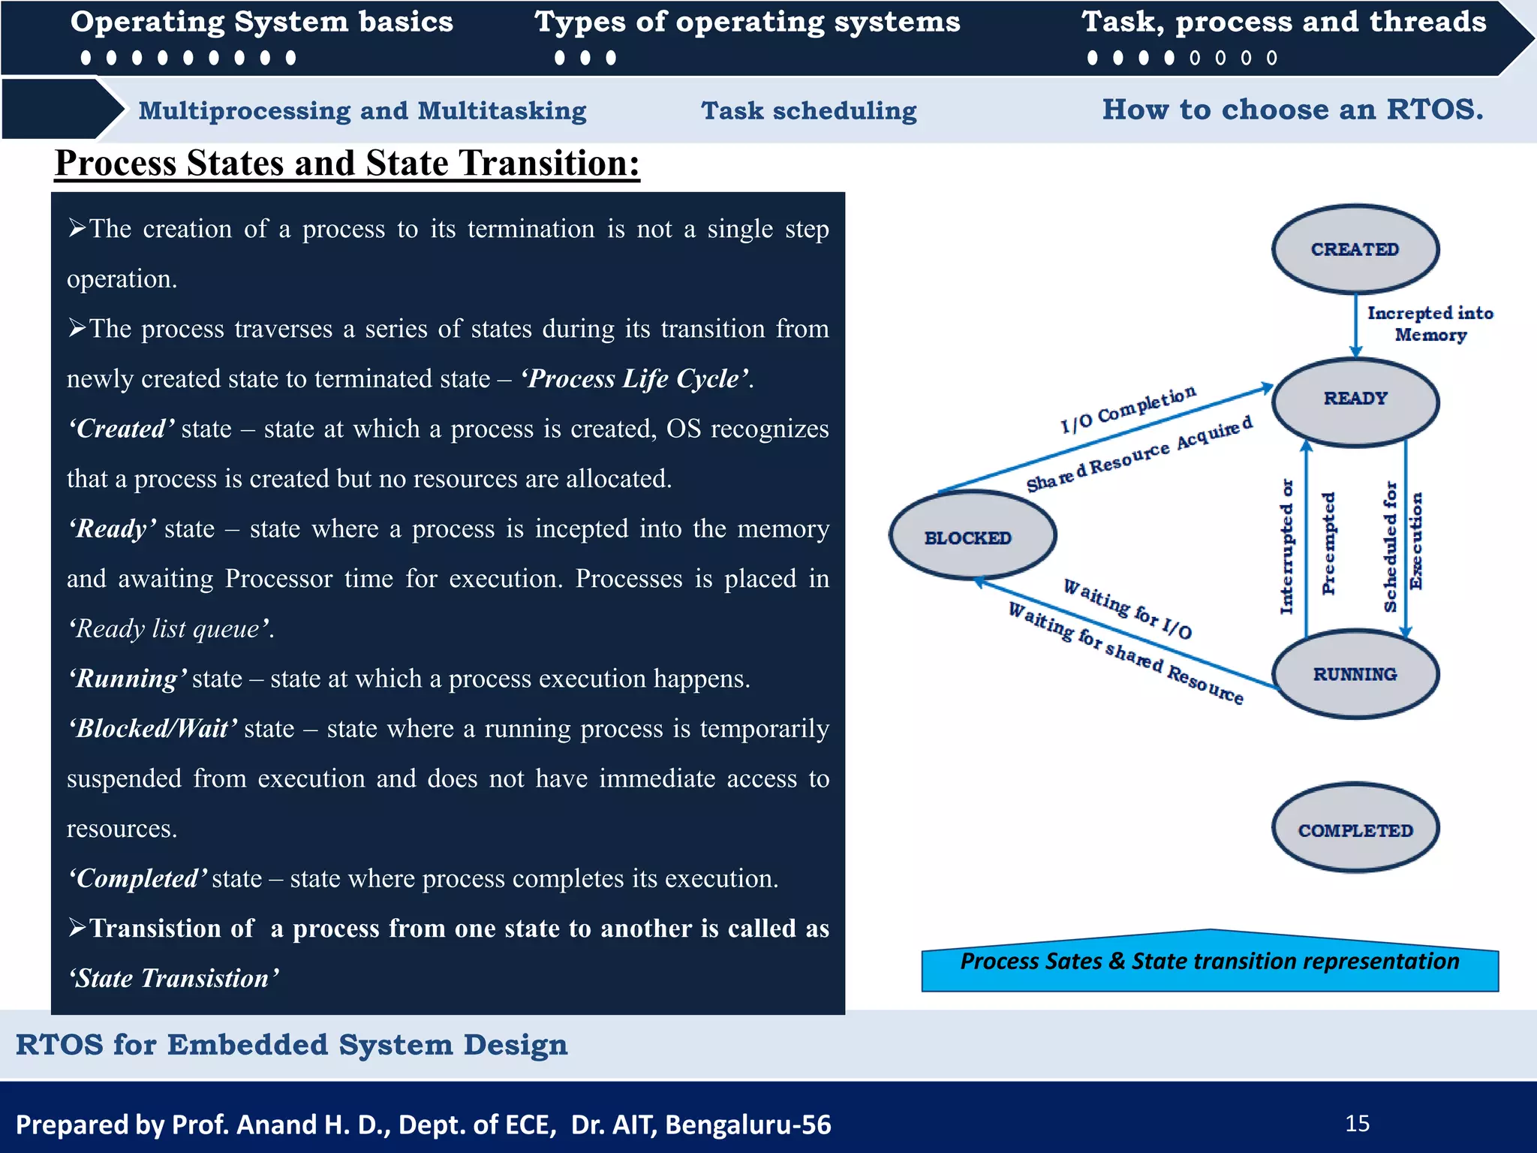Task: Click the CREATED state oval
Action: (1355, 248)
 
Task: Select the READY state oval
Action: (1355, 401)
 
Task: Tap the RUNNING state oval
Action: (1355, 674)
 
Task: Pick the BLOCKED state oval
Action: (972, 535)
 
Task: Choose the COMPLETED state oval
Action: (1355, 828)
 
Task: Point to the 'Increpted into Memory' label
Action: (1430, 324)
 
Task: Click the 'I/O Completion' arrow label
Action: (1127, 409)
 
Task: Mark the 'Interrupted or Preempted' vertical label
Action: (1307, 546)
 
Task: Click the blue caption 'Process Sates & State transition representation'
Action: (1209, 962)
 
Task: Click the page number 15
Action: (1357, 1124)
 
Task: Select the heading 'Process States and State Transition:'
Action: (347, 163)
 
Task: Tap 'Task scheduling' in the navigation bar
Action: (808, 111)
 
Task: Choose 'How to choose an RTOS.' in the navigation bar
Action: (1292, 110)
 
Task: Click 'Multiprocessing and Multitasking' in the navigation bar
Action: (362, 111)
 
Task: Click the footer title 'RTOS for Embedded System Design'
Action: (291, 1045)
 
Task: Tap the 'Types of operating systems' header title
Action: (747, 23)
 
